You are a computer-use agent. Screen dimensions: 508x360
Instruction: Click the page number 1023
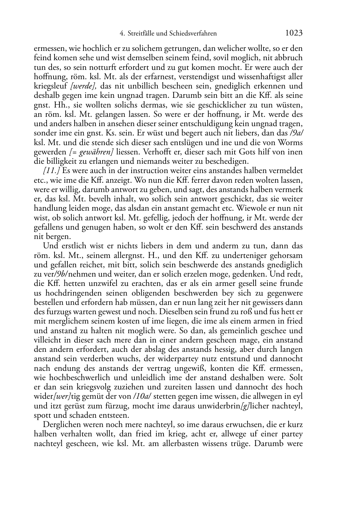294,33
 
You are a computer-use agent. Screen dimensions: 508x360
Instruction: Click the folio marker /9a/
295,133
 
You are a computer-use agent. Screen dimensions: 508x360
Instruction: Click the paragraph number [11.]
51,171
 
